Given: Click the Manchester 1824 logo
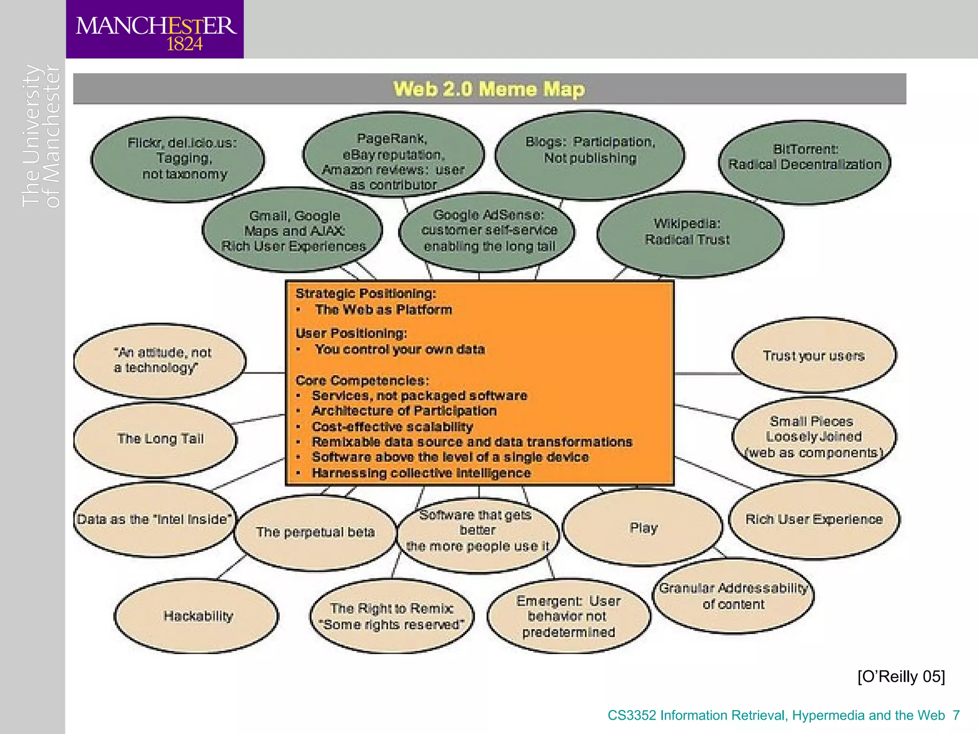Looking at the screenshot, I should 155,30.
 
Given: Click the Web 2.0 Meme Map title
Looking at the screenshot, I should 489,89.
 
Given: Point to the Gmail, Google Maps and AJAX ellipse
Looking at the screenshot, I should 292,230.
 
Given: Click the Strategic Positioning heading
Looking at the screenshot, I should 366,293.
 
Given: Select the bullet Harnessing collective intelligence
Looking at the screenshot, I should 421,473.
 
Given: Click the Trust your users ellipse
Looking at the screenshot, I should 814,356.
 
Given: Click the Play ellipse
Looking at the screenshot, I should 643,528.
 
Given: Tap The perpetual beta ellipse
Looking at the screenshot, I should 315,532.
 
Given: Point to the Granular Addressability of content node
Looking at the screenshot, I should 733,596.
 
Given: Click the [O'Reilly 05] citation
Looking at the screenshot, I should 901,677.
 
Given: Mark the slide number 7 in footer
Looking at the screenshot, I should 956,715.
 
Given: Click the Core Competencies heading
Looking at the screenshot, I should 362,380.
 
